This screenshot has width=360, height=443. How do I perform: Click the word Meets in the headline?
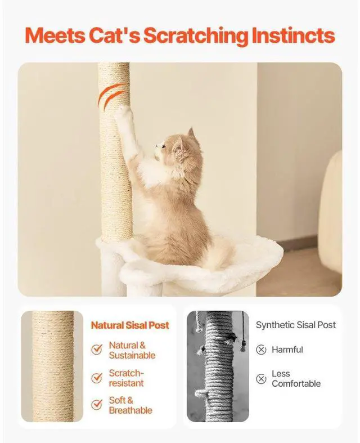pos(54,35)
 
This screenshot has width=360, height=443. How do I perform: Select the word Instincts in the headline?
pos(293,35)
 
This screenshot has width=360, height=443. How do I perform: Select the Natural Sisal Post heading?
pos(130,325)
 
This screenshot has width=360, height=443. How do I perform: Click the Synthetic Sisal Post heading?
pos(295,325)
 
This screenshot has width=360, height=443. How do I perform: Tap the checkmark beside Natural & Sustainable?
pos(97,350)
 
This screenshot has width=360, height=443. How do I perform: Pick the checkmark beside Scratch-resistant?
pos(97,378)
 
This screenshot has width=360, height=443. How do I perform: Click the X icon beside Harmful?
pos(261,350)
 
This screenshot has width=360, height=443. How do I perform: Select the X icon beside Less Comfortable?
pos(261,379)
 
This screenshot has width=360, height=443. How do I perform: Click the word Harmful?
pos(287,350)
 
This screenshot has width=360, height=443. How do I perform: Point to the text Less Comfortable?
pos(296,378)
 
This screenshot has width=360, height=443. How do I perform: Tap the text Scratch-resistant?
pos(127,378)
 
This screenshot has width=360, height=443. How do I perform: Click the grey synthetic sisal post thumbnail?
pos(218,366)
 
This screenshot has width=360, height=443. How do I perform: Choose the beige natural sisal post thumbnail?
pos(52,366)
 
